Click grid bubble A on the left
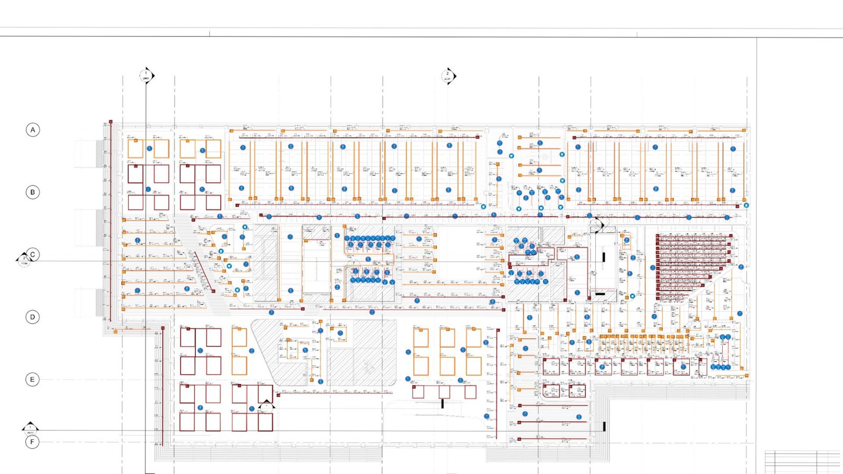point(33,130)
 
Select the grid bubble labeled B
point(33,192)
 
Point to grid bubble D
point(33,317)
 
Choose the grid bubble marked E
point(33,379)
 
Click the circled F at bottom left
point(33,442)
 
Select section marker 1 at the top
point(146,76)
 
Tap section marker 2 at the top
point(448,76)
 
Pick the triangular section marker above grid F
point(30,428)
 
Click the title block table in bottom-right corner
point(802,462)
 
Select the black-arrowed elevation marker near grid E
point(267,406)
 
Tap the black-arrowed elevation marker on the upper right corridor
point(598,225)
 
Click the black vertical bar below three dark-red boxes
point(443,404)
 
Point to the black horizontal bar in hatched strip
point(600,294)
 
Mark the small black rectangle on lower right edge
point(604,426)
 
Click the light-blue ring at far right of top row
point(746,205)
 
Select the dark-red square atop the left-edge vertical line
point(111,122)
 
